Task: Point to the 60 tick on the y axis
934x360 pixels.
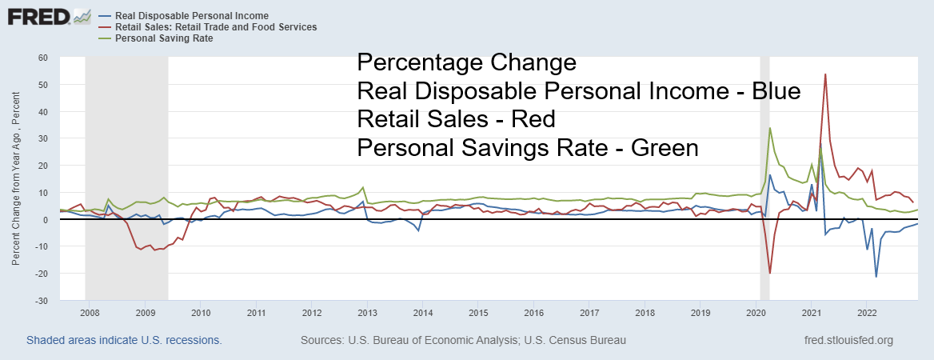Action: coord(42,58)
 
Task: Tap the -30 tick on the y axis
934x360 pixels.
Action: coord(40,301)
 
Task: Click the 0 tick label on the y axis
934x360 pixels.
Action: coord(46,220)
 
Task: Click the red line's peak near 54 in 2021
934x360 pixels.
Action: coord(825,74)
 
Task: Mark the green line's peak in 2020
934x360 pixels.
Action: coord(770,128)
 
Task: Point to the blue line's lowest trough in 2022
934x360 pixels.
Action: coord(876,277)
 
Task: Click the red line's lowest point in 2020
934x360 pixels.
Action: coord(770,274)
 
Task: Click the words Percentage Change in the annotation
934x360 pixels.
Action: coord(466,62)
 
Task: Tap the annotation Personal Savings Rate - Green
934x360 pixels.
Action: coord(529,148)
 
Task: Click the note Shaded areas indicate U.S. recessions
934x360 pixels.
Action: coord(124,340)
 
